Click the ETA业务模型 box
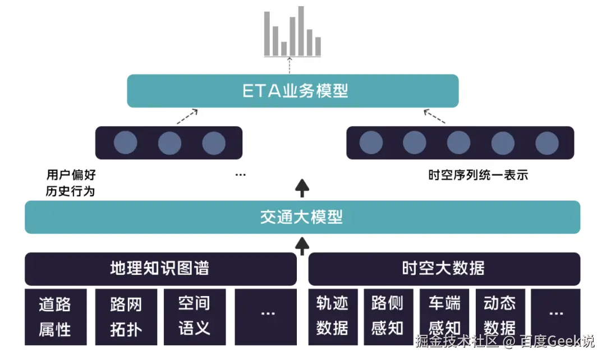292,91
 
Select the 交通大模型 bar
302,217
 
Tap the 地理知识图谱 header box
160,269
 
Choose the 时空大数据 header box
444,269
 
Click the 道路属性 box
56,317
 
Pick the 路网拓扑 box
126,317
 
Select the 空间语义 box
195,317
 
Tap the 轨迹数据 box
332,317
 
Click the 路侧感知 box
388,317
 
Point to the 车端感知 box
444,317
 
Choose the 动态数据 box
500,317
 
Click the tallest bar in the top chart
301,31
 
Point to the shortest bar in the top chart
284,48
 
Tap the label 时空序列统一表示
478,175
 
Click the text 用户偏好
71,175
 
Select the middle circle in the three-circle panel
169,143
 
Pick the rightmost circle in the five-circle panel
547,143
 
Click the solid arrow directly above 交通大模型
302,188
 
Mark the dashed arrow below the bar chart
290,65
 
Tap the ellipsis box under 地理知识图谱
265,317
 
